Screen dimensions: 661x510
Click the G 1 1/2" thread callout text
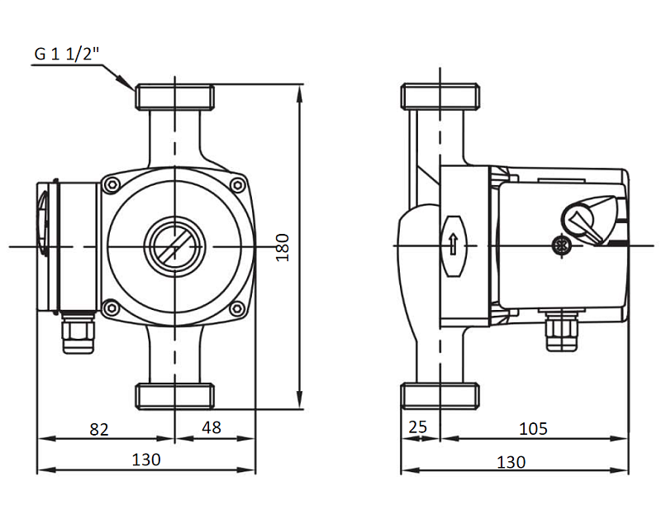tap(67, 54)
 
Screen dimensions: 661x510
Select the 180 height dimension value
tap(283, 248)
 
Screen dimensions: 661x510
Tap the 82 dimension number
tap(99, 429)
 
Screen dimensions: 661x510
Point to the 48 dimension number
tap(212, 427)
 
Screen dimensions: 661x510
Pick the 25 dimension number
tap(418, 427)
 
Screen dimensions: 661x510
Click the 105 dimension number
tap(533, 429)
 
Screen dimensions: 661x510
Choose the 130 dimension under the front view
tap(146, 460)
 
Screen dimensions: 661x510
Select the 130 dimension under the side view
tap(511, 462)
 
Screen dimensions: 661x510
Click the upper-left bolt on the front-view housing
tap(112, 184)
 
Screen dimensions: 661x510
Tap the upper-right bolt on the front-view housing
tap(238, 185)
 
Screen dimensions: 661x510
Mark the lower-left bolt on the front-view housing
tap(112, 307)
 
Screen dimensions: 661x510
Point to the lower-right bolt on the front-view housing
tap(237, 308)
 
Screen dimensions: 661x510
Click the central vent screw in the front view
tap(174, 246)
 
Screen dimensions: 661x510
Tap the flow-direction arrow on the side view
tap(453, 244)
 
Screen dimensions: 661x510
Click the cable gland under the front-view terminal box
tap(78, 332)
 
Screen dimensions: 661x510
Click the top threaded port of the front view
tap(174, 98)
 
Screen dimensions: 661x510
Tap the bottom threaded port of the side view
tap(440, 396)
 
